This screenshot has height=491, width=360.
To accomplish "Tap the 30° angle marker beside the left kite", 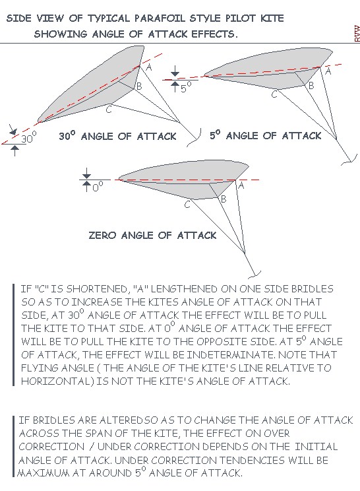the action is (x=29, y=137).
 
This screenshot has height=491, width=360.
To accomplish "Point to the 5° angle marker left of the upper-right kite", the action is (x=185, y=87).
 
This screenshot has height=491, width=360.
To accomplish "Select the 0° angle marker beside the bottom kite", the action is (x=98, y=186).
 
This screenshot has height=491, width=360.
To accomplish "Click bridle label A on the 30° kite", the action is (x=149, y=67).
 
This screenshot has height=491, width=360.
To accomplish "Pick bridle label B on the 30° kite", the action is (x=139, y=86).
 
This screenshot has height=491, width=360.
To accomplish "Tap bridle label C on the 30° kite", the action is (x=109, y=110).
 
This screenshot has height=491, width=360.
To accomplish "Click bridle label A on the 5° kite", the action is (x=328, y=72).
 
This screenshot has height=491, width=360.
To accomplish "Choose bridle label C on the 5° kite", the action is (x=274, y=94).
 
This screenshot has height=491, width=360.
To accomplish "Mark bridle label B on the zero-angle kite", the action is (x=224, y=199).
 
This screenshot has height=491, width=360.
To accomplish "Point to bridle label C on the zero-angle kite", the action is (x=187, y=205).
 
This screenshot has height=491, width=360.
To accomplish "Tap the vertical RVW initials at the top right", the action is (x=357, y=34).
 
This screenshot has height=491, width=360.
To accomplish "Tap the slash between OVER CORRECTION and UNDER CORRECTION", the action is (x=91, y=447).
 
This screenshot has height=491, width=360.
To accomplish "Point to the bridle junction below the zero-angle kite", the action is (x=245, y=252).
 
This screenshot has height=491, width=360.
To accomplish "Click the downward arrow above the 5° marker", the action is (x=175, y=71).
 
